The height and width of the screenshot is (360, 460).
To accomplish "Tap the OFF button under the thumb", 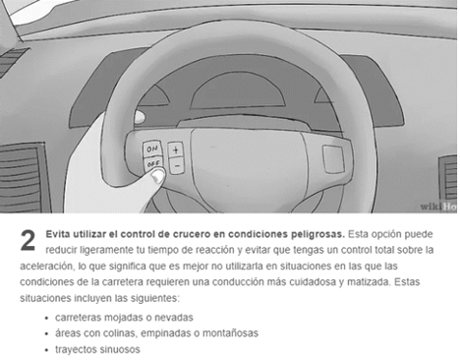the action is pos(153,164).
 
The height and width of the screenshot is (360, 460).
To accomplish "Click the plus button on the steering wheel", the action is pos(176,150).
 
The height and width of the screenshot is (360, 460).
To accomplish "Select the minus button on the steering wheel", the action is pos(177,166).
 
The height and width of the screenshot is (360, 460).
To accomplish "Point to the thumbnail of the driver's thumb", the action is pos(158,177).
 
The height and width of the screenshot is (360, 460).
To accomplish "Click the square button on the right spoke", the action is pos(333,158).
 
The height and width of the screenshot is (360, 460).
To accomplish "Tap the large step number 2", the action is pos(28,241).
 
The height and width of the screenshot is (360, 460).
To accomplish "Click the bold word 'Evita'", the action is pos(58,234).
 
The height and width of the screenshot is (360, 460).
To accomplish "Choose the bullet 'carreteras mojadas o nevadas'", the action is pos(124,318).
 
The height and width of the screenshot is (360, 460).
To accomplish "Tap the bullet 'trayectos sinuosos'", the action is pos(97,349).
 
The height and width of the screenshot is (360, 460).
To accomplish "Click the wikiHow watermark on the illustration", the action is pos(438,207).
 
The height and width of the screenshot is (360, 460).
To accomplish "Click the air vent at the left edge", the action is pos(23,177).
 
